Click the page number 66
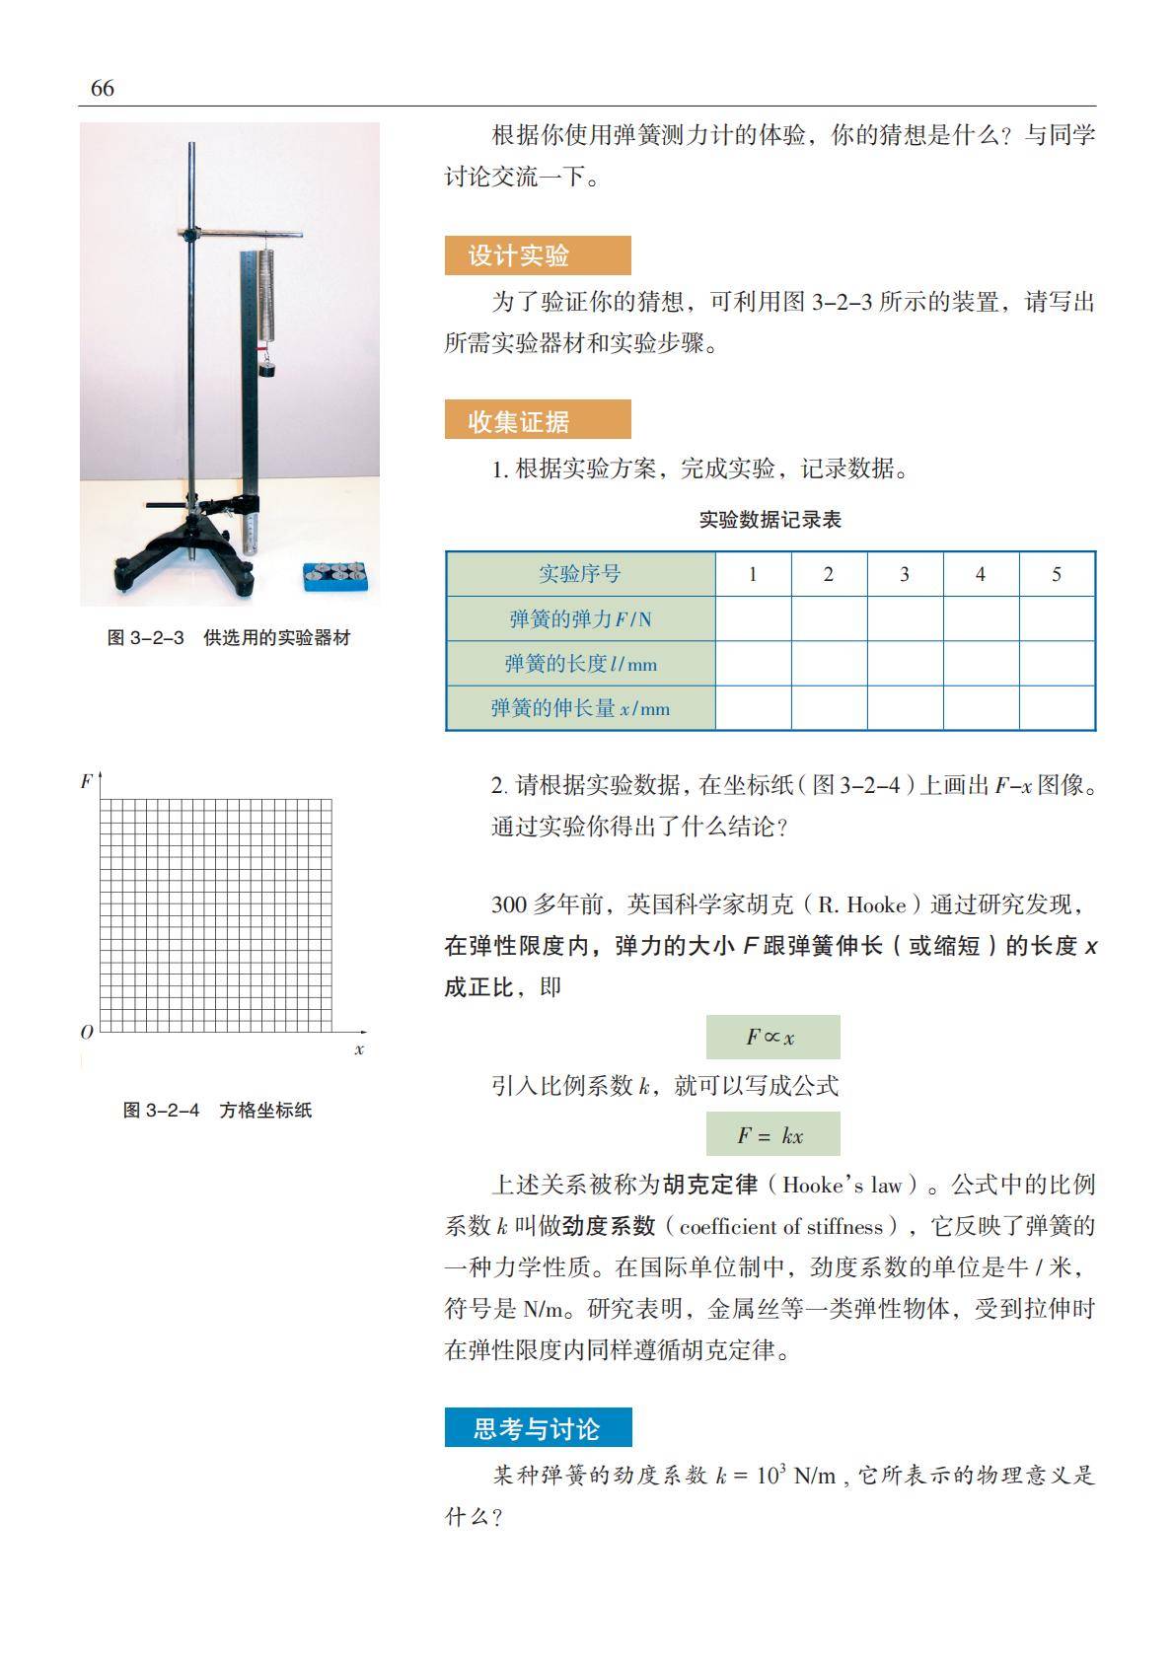pos(103,89)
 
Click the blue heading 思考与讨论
pos(538,1428)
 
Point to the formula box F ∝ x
pos(772,1037)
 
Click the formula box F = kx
pos(772,1134)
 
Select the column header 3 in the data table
pos(905,574)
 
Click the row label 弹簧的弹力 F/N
pos(580,619)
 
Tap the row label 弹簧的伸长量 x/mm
pos(580,708)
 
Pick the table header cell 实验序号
pos(580,574)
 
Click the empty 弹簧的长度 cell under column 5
pos(1057,664)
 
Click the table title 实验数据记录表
pos(770,520)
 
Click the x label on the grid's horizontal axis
pos(359,1049)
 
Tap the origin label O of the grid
pos(87,1033)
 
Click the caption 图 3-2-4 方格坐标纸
pos(217,1111)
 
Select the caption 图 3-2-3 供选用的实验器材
pos(229,638)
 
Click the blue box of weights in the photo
pos(335,574)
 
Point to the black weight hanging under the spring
pos(266,368)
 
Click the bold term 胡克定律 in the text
pos(710,1185)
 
